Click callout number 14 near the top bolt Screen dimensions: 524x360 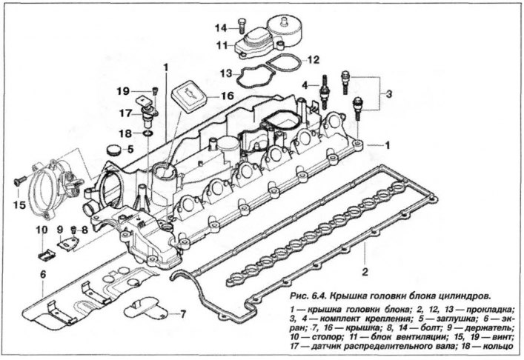coord(221,28)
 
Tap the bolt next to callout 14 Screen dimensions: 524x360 coord(242,26)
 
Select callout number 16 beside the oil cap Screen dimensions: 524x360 coord(228,96)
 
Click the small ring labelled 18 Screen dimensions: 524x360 coord(147,134)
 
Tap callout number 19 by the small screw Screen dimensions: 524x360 coord(123,91)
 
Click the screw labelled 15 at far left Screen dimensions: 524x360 coord(20,181)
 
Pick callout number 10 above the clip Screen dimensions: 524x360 coord(42,230)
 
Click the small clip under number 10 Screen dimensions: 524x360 coord(46,255)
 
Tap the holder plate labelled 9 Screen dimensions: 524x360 coord(68,244)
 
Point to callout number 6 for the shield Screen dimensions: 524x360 coord(43,275)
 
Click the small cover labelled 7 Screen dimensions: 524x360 coord(144,307)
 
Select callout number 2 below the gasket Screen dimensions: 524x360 coord(365,272)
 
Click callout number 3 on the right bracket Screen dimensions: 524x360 coord(388,94)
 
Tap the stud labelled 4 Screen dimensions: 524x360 coord(323,93)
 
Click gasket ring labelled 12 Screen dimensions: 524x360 coord(283,64)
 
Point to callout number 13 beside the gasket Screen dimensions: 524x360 coord(226,73)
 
